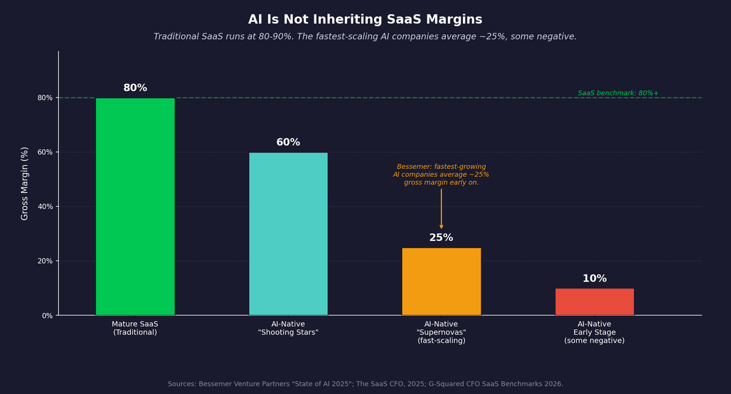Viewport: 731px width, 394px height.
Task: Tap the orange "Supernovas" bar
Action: pos(441,281)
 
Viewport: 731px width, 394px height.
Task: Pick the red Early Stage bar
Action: pos(595,302)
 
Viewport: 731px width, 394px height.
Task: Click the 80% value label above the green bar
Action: pos(135,88)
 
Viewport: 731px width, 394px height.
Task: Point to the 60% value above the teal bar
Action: pos(288,142)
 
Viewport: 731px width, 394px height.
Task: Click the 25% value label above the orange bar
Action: pos(441,238)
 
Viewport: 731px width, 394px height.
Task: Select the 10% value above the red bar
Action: pos(595,279)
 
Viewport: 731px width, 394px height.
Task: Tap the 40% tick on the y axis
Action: pos(45,206)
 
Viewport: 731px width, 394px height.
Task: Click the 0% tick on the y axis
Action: pos(47,315)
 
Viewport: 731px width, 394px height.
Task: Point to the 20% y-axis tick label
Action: pos(45,261)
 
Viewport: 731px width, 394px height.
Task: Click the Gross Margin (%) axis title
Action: pos(25,183)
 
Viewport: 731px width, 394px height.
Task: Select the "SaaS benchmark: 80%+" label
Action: pos(618,93)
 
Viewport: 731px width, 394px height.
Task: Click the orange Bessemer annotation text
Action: pos(441,174)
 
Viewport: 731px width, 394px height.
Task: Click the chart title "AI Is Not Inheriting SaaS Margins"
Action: pos(365,20)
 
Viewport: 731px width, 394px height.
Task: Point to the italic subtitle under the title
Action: pos(365,37)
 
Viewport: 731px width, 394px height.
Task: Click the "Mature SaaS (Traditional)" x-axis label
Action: pos(135,328)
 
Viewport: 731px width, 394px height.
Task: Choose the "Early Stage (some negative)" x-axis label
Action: pos(595,332)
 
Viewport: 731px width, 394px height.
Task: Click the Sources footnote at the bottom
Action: pos(365,384)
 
